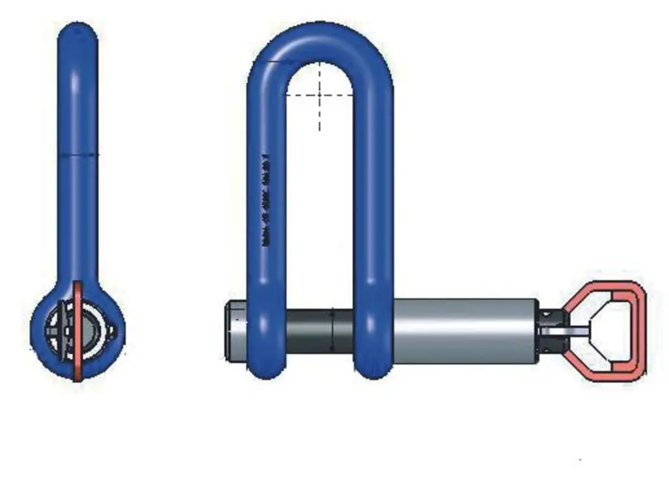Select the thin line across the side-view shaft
pos(77,154)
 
